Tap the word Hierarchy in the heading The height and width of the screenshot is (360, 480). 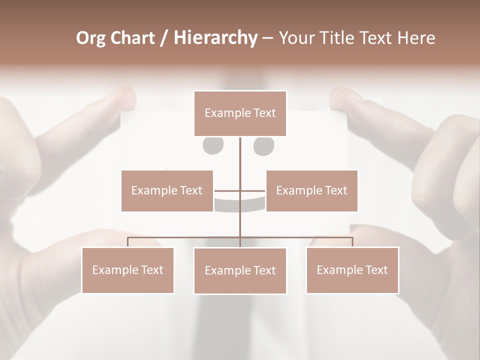click(215, 38)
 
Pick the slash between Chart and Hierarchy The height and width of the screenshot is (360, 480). click(164, 38)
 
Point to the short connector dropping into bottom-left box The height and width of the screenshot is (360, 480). click(128, 242)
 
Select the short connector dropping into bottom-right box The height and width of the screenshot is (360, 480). click(352, 242)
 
